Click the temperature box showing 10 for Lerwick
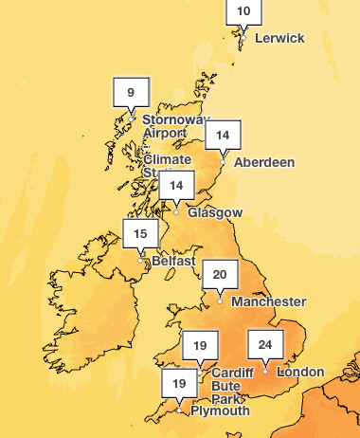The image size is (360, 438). click(243, 11)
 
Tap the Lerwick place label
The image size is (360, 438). click(279, 38)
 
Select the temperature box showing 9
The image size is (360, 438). click(131, 92)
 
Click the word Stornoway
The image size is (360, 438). click(175, 120)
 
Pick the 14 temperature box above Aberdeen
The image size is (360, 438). click(223, 135)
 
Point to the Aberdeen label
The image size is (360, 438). click(264, 162)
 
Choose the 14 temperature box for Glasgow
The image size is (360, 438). click(176, 185)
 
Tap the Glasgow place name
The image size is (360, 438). click(215, 212)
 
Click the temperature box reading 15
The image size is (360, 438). click(140, 233)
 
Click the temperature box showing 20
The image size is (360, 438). click(220, 275)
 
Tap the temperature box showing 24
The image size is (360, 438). click(265, 343)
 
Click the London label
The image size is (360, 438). click(300, 372)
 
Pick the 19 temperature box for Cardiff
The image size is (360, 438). click(199, 346)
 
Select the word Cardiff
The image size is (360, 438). click(232, 373)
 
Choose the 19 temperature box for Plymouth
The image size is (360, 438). click(179, 384)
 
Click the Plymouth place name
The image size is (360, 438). click(220, 411)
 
